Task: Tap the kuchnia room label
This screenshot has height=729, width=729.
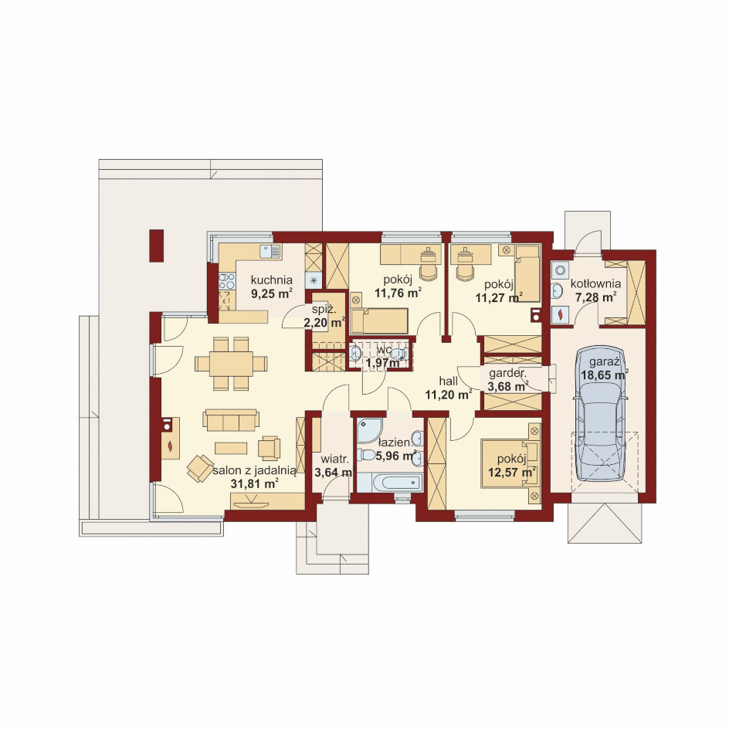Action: [272, 280]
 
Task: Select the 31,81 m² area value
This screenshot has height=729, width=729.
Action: [254, 483]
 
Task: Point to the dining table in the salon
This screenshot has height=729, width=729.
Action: [231, 364]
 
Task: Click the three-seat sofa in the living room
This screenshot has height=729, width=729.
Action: [231, 421]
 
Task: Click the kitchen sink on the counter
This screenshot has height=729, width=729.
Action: [270, 252]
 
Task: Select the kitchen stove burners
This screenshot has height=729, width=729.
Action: [227, 281]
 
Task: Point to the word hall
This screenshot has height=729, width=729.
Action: [448, 381]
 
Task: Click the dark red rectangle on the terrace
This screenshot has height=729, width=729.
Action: [157, 245]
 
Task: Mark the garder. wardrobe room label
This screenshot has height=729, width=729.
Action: [507, 373]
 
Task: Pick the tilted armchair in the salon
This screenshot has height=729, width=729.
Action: [201, 468]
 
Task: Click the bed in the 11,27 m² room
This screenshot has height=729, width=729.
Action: [527, 274]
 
